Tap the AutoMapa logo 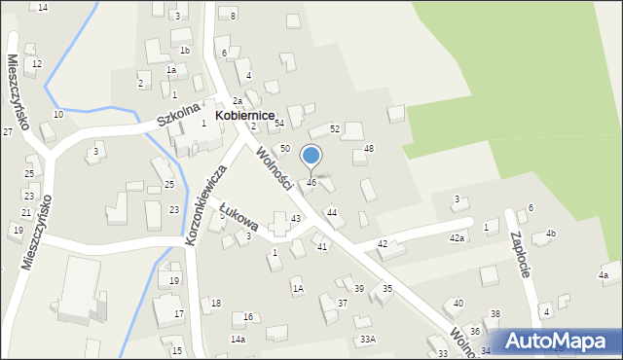[558, 341]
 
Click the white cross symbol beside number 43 [281, 219]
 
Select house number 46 [311, 182]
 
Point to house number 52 [334, 128]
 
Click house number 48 [368, 148]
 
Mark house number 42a [456, 237]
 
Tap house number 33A [367, 339]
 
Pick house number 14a [238, 339]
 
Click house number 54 [278, 123]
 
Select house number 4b [550, 234]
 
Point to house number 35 [386, 288]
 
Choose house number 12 [37, 64]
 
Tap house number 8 [233, 16]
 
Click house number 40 [458, 304]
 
